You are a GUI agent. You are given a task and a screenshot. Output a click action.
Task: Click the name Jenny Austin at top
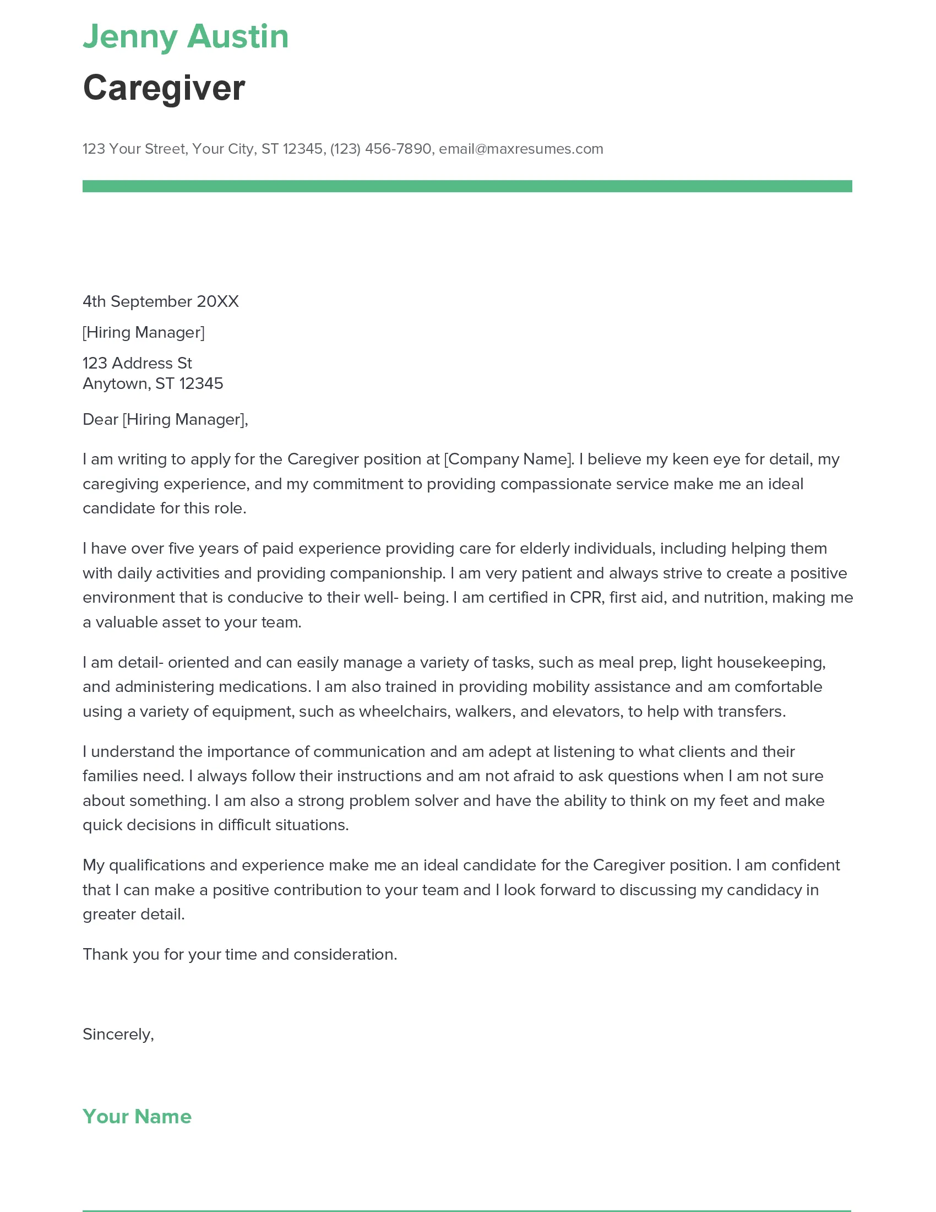186,36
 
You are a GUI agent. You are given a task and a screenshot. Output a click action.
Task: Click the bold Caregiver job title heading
164,88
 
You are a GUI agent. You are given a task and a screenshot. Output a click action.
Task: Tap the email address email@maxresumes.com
521,149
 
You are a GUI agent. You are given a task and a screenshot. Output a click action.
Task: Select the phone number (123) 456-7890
380,149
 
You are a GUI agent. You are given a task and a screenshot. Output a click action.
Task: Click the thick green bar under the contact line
467,186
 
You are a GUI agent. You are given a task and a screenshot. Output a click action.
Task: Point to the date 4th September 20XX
160,301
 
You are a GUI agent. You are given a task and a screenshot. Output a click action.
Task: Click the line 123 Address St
137,363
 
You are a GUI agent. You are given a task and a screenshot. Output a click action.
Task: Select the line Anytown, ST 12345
153,383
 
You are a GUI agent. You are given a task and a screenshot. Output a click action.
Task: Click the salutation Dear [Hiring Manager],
165,419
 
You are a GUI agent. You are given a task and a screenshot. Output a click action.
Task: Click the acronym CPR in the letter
586,597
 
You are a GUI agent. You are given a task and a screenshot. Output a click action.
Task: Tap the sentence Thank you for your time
240,954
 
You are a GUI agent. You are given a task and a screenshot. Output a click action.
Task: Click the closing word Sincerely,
118,1034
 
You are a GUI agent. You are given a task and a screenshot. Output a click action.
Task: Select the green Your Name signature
137,1116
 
